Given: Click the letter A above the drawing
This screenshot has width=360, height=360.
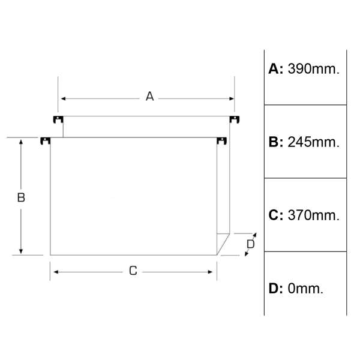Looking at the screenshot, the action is click(x=149, y=96).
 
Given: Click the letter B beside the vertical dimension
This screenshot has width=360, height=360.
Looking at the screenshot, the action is click(x=21, y=197).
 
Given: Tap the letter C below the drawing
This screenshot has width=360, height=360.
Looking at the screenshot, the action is click(x=133, y=271).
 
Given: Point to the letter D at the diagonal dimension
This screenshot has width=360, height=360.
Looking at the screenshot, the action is click(x=250, y=244).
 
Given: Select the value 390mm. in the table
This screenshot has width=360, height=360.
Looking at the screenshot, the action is click(x=313, y=68).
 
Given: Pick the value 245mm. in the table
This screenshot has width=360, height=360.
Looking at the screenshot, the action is click(x=313, y=142).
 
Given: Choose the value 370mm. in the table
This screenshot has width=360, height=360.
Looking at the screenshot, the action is click(x=313, y=215).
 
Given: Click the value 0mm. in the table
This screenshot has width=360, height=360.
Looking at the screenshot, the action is click(x=305, y=289).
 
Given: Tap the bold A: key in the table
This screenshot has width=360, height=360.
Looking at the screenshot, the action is click(x=276, y=68).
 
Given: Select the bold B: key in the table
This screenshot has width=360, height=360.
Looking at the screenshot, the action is click(x=276, y=142).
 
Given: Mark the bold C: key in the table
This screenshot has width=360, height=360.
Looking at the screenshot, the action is click(x=276, y=215).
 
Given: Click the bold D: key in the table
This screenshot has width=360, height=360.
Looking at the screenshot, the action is click(x=276, y=289).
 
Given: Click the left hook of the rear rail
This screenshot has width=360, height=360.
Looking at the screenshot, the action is click(x=58, y=119).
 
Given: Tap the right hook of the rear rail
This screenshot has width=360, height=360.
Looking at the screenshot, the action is click(x=235, y=119).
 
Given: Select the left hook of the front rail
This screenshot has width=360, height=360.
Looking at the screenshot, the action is click(x=46, y=141).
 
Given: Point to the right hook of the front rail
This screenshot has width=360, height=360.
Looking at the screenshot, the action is click(x=222, y=141).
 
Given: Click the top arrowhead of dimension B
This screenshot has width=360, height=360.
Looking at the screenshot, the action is click(x=21, y=142).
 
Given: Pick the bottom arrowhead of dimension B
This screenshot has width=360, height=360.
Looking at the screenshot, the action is click(x=21, y=251).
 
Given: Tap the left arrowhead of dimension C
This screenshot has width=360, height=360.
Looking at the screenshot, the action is click(x=56, y=272).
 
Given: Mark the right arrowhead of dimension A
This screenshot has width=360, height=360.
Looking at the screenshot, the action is click(x=232, y=99).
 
